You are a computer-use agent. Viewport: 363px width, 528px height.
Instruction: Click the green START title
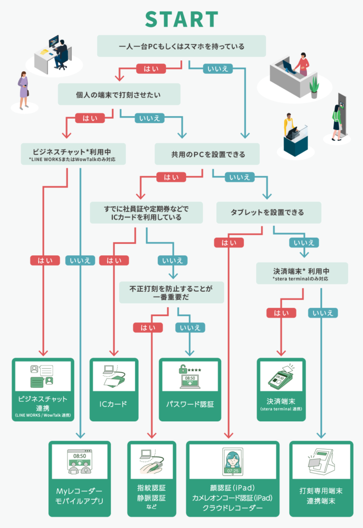pos(182,19)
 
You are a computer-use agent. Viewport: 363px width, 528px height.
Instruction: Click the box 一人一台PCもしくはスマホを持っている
pos(181,46)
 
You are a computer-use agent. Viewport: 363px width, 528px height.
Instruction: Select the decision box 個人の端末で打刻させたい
pos(119,94)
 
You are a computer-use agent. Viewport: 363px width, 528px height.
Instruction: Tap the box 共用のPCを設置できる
pos(207,154)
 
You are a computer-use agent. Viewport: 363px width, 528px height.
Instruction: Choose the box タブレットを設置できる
pos(269,212)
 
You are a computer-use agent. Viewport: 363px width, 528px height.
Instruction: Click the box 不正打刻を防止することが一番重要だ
pos(171,292)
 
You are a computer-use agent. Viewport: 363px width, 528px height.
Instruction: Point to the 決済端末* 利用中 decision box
pos(302,273)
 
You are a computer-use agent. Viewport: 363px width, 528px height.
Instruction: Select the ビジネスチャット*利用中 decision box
pos(73,154)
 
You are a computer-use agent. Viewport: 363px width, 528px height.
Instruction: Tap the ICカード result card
pos(114,390)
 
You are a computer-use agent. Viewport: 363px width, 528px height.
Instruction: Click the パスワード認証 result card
pos(190,390)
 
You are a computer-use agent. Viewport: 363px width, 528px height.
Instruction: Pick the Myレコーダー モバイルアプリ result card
pos(79,479)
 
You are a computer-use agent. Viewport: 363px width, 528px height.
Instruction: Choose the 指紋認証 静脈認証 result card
pos(152,479)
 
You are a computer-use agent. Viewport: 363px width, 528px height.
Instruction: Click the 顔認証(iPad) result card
pos(233,479)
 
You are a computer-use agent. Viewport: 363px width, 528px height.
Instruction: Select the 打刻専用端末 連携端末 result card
pos(321,479)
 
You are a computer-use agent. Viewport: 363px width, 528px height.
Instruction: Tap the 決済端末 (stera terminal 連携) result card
pos(281,390)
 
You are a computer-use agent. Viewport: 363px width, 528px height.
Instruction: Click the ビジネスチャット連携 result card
pos(43,390)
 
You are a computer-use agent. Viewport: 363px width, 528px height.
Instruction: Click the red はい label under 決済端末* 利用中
pos(281,313)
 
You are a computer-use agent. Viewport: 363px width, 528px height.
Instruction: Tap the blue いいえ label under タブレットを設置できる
pos(304,242)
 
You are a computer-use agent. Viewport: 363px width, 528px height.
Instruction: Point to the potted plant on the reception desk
pos(314,87)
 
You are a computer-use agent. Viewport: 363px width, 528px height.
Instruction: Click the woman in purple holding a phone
pos(23,90)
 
